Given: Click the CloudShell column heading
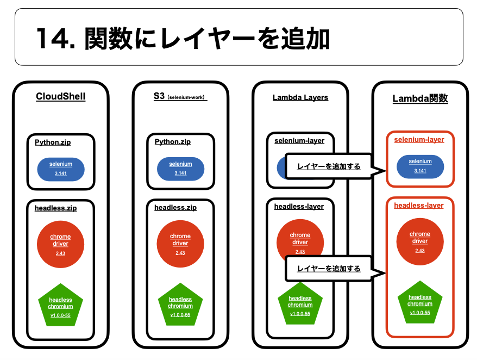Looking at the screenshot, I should click(60, 97).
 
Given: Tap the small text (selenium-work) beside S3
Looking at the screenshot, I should click(187, 98).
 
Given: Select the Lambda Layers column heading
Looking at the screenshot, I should click(300, 97).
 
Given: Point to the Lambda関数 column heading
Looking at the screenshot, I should click(420, 98).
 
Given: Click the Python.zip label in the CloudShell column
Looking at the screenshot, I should click(53, 142).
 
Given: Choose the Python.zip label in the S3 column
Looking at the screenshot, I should click(173, 142).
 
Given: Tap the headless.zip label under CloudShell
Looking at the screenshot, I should click(55, 208).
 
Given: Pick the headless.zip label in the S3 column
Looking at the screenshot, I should click(175, 208).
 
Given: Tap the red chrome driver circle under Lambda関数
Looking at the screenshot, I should click(420, 241).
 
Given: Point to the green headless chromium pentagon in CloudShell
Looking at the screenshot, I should click(61, 305).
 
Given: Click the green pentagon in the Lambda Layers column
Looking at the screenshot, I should click(300, 303).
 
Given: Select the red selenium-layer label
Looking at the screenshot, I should click(419, 140).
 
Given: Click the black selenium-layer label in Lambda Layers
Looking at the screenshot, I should click(299, 141).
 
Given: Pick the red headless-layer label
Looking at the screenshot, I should click(419, 206).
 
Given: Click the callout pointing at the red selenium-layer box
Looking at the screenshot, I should click(328, 166).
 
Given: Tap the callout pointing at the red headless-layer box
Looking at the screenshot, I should click(328, 269).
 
